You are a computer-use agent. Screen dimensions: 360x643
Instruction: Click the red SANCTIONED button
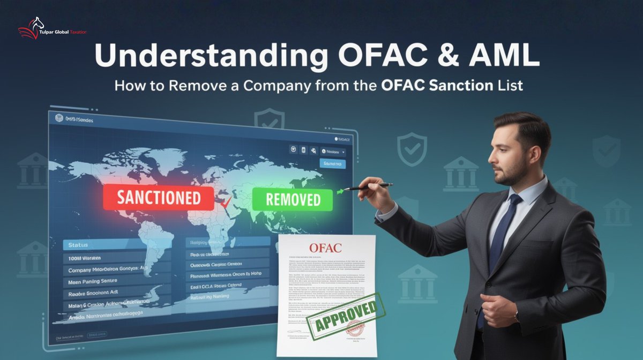(x=158, y=198)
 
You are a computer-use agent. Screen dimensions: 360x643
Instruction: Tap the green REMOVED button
(x=292, y=199)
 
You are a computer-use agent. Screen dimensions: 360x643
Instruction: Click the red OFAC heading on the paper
(x=324, y=248)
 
